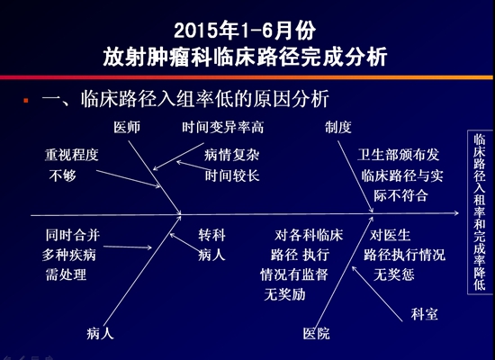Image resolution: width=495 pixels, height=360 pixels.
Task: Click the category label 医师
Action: pyautogui.click(x=127, y=127)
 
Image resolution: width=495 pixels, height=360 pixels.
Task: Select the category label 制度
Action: pyautogui.click(x=338, y=127)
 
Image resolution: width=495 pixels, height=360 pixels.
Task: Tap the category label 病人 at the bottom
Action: pyautogui.click(x=100, y=334)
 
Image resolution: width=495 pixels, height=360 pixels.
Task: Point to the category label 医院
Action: pyautogui.click(x=316, y=334)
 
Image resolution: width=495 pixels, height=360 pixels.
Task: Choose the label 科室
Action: pyautogui.click(x=424, y=314)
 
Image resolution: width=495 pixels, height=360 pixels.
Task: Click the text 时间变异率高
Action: pyautogui.click(x=223, y=127)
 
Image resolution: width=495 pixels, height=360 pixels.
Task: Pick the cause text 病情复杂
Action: pyautogui.click(x=231, y=155)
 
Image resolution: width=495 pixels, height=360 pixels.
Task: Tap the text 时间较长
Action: pyautogui.click(x=232, y=175)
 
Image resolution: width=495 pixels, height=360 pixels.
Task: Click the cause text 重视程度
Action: pyautogui.click(x=72, y=155)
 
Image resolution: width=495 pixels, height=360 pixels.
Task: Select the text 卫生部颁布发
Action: pyautogui.click(x=399, y=155)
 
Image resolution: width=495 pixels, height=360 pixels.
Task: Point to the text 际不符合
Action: pyautogui.click(x=400, y=196)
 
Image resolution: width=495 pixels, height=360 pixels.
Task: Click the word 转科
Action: pyautogui.click(x=211, y=235)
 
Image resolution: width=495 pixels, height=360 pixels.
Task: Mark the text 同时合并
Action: pyautogui.click(x=73, y=235)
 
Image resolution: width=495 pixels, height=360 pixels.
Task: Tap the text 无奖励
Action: pyautogui.click(x=284, y=294)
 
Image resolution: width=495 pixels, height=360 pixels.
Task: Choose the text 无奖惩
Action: pyautogui.click(x=394, y=274)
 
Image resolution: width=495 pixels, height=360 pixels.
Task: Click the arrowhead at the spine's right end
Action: pyautogui.click(x=457, y=213)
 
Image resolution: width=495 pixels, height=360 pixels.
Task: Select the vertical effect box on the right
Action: pyautogui.click(x=480, y=212)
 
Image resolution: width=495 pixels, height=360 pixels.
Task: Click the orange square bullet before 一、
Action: pyautogui.click(x=26, y=101)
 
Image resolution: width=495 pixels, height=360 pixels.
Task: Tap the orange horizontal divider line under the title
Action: pyautogui.click(x=247, y=77)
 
